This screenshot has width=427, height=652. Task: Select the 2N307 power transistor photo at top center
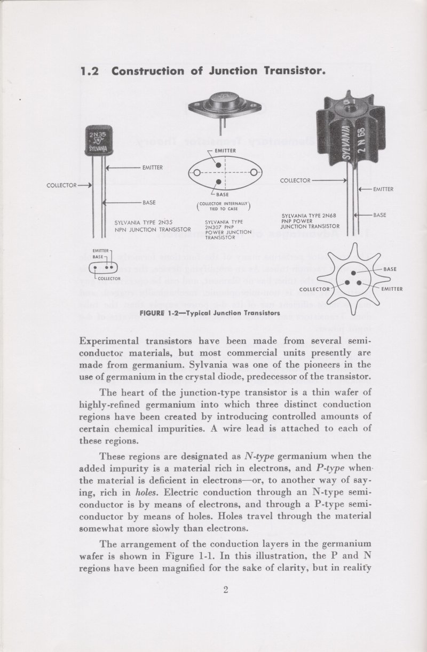point(225,105)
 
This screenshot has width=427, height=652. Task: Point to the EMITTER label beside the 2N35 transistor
point(152,168)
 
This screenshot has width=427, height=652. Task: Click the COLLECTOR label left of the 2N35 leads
point(62,186)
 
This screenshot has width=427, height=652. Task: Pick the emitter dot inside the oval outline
point(218,164)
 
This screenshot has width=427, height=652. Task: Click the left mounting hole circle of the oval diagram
point(197,172)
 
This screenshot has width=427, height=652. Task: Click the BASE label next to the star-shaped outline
point(390,269)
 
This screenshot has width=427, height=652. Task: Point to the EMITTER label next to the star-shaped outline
point(392,290)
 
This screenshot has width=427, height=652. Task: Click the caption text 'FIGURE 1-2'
point(158,313)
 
